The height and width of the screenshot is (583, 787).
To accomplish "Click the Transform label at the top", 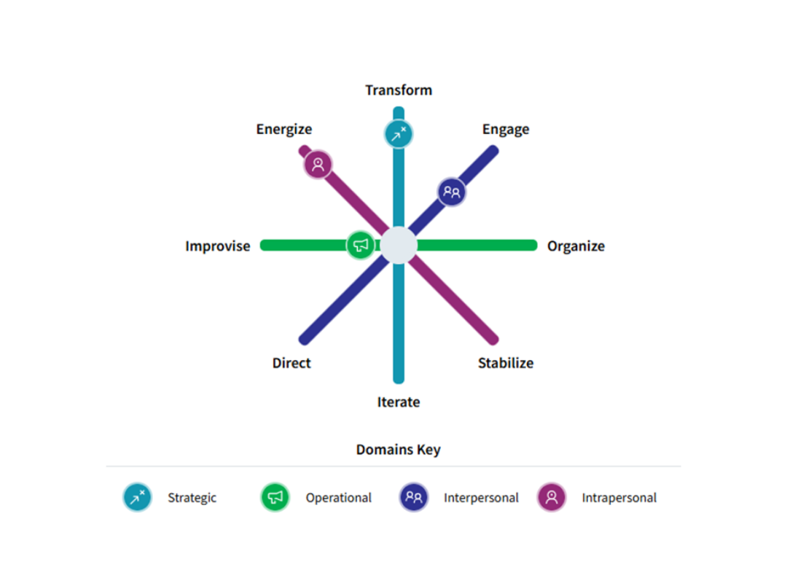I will [x=399, y=90].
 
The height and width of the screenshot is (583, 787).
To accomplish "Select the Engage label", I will [x=506, y=130].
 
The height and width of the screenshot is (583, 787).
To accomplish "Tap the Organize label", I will [x=576, y=246].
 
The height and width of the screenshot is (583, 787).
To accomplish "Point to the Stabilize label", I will [x=506, y=363].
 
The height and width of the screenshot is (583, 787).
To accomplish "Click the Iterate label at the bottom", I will [x=399, y=402].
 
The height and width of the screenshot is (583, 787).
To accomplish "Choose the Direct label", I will [x=291, y=363].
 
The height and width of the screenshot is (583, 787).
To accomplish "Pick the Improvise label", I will [x=217, y=246].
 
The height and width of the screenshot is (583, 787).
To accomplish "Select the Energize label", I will [x=283, y=130].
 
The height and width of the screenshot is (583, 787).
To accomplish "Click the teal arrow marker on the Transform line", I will [x=399, y=134].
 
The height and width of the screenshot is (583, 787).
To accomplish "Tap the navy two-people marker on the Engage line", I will [x=452, y=192].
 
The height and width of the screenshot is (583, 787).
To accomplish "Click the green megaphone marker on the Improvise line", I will [x=361, y=246].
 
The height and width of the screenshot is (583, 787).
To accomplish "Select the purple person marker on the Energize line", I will [x=318, y=164].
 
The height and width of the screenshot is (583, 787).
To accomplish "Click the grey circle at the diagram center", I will [x=399, y=246].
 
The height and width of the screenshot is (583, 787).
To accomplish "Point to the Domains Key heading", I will [x=398, y=450].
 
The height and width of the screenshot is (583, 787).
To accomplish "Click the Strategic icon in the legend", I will [x=137, y=498].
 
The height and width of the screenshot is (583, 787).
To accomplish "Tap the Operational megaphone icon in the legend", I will [x=275, y=498].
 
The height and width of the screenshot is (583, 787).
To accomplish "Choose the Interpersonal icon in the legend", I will [x=413, y=498].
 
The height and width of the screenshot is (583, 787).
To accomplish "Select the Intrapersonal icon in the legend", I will [x=552, y=498].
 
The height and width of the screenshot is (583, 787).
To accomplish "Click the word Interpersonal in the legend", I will [x=481, y=498].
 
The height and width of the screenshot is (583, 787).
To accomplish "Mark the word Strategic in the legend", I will [x=192, y=498].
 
